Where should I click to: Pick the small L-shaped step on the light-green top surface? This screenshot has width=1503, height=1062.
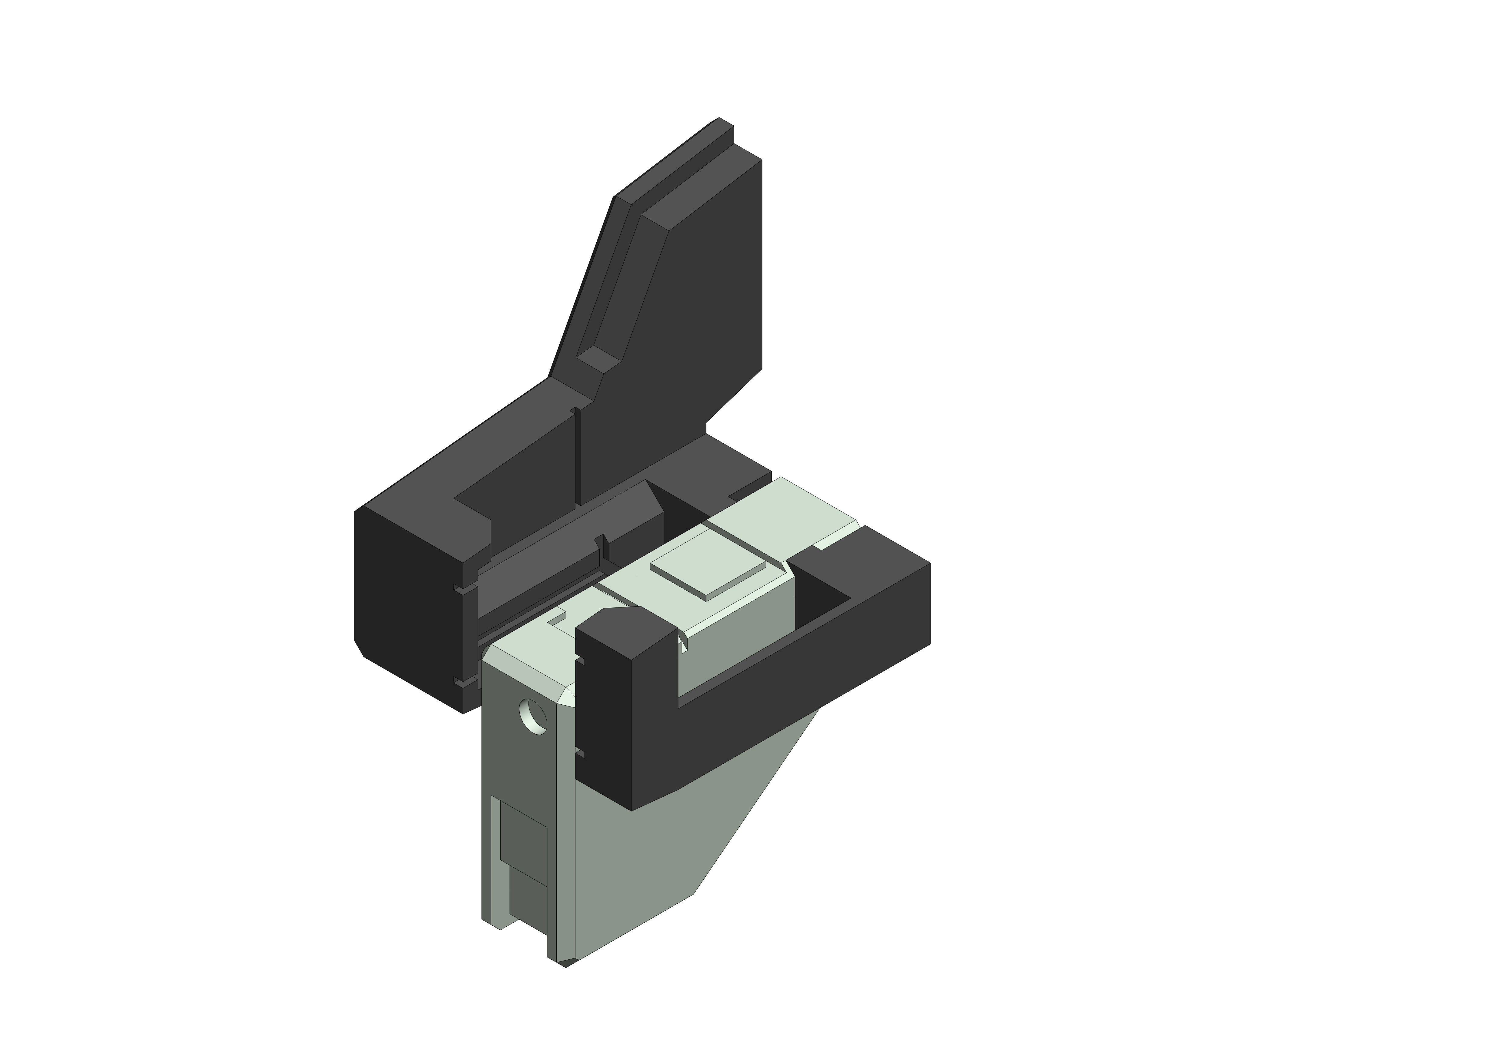coord(556,618)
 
